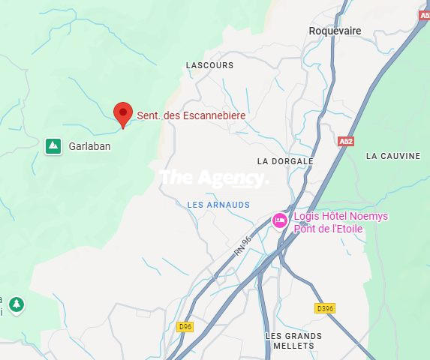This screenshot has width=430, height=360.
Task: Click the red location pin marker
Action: [x=123, y=114]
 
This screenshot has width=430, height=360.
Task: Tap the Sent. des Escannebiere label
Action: [x=191, y=116]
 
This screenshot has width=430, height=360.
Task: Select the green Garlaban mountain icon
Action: [x=53, y=145]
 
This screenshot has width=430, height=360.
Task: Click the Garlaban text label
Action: [x=89, y=146]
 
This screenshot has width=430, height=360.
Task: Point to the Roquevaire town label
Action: [x=335, y=31]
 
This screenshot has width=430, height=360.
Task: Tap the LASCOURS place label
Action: [x=209, y=65]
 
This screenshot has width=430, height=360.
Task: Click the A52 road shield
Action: [x=345, y=141]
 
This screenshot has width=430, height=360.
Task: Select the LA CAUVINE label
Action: [x=393, y=156]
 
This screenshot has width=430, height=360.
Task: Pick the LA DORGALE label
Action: [x=284, y=161]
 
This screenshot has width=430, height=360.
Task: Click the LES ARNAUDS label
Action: [x=218, y=204]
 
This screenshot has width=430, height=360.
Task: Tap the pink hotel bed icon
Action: [x=280, y=220]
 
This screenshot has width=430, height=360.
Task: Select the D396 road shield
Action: [x=325, y=307]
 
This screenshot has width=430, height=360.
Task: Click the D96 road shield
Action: [x=185, y=326]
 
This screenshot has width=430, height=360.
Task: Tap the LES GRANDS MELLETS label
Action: [x=293, y=340]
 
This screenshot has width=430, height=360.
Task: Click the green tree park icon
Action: [x=17, y=304]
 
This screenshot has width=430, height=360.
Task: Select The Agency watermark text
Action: [x=213, y=178]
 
